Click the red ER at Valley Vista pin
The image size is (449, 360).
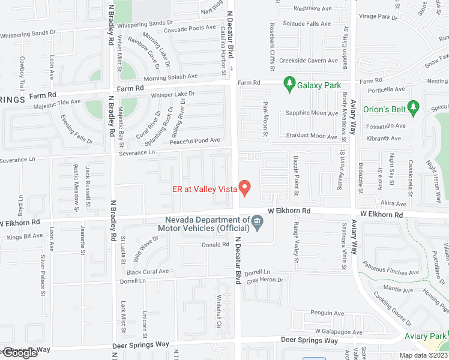click(245, 188)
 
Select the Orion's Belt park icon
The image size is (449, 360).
click(412, 107)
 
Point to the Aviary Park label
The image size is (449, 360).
click(426, 337)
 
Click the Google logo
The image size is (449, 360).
click(19, 353)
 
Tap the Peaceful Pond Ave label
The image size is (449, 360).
click(195, 140)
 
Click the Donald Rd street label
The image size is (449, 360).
click(215, 245)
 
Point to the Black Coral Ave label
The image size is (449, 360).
click(148, 272)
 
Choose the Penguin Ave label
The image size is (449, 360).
click(327, 313)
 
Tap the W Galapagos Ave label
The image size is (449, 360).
click(339, 332)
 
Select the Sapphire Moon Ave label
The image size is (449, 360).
click(312, 113)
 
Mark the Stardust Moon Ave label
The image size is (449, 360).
click(312, 136)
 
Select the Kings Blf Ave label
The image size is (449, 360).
click(25, 236)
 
